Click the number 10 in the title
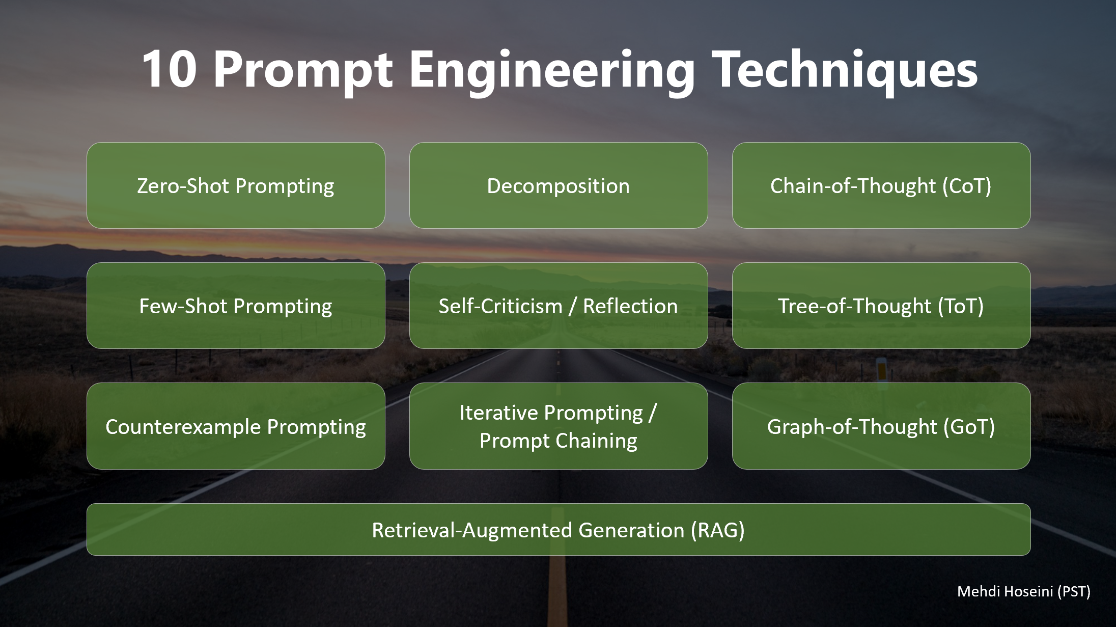pyautogui.click(x=170, y=70)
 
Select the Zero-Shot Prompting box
pyautogui.click(x=236, y=185)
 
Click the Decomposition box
pyautogui.click(x=559, y=185)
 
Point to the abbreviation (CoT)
pyautogui.click(x=966, y=186)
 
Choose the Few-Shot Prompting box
pyautogui.click(x=236, y=306)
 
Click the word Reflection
pyautogui.click(x=630, y=306)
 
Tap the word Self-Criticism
pyautogui.click(x=500, y=306)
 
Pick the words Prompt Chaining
pyautogui.click(x=559, y=441)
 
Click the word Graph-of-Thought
pyautogui.click(x=852, y=427)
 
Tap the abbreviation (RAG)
pyautogui.click(x=717, y=530)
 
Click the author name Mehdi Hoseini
pyautogui.click(x=1005, y=591)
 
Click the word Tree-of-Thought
pyautogui.click(x=854, y=306)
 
